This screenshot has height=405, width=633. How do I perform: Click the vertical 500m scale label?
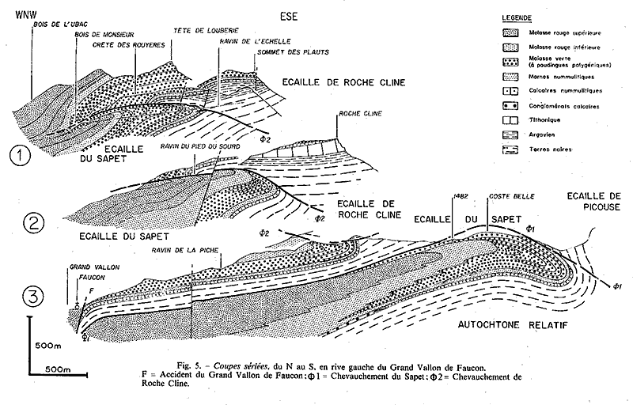pos(48,345)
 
